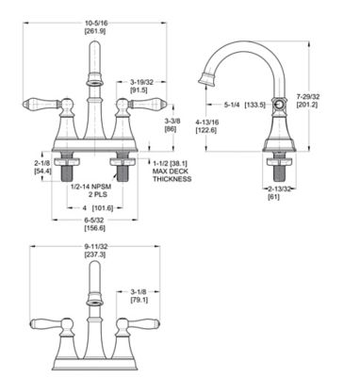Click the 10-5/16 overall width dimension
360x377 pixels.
93,20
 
